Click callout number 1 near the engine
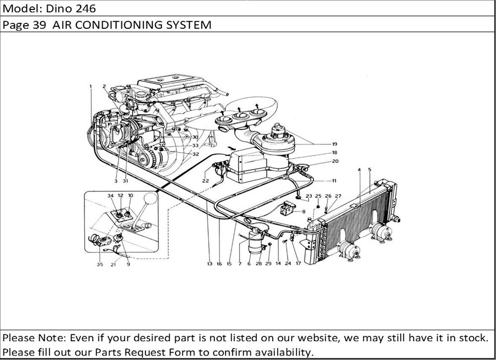click(x=91, y=86)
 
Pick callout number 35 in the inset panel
click(x=100, y=264)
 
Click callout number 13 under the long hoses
click(x=209, y=264)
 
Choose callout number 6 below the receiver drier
click(x=249, y=264)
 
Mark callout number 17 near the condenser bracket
click(x=298, y=264)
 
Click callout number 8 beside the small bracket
click(x=304, y=212)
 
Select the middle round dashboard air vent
click(x=240, y=117)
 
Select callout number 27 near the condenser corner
click(x=338, y=196)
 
